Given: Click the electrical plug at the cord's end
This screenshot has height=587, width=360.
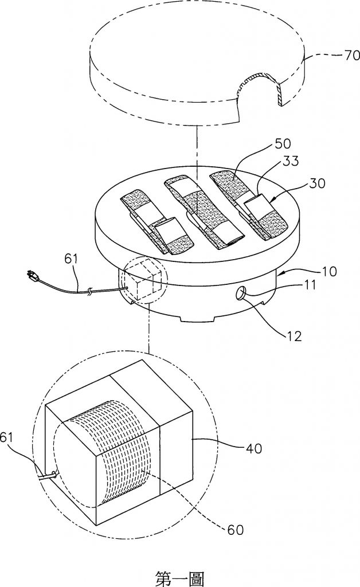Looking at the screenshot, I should tap(34, 279).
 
